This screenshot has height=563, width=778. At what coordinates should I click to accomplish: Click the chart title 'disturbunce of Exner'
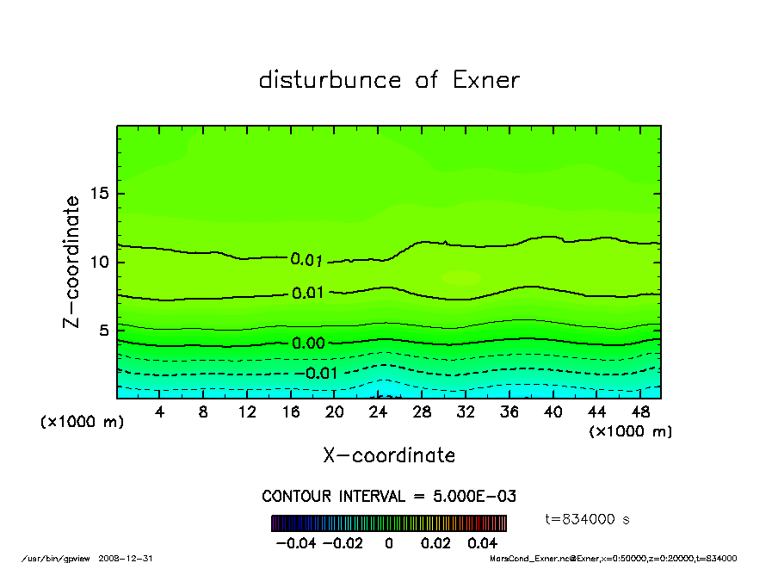pyautogui.click(x=389, y=80)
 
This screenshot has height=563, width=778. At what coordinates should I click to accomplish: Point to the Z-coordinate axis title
pyautogui.click(x=71, y=262)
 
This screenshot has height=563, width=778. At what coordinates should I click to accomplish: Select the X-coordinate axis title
pyautogui.click(x=389, y=455)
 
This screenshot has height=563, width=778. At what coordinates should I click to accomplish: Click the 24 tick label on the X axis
pyautogui.click(x=378, y=412)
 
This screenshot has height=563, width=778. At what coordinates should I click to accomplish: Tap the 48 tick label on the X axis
pyautogui.click(x=639, y=412)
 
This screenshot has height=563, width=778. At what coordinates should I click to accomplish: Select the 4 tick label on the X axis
pyautogui.click(x=159, y=412)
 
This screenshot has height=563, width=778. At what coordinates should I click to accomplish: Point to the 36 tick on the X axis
pyautogui.click(x=509, y=412)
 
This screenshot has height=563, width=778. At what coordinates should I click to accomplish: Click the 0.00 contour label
pyautogui.click(x=308, y=343)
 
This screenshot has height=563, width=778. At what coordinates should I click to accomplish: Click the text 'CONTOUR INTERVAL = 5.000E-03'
pyautogui.click(x=389, y=497)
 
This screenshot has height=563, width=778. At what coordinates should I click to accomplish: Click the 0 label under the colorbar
pyautogui.click(x=389, y=543)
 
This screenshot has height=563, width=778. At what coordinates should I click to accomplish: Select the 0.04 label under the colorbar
pyautogui.click(x=482, y=543)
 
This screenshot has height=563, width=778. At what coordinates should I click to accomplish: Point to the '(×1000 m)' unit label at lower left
pyautogui.click(x=77, y=423)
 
